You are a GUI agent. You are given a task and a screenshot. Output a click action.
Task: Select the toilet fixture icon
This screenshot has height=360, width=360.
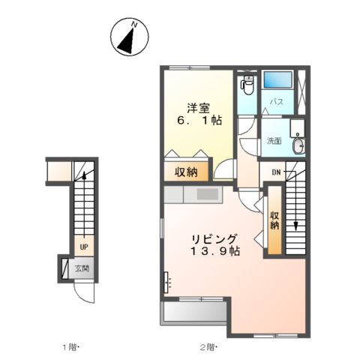247,85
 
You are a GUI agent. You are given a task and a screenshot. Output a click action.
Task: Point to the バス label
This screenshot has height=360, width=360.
276,103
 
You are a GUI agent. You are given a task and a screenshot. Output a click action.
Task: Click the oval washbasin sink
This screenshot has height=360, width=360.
299,145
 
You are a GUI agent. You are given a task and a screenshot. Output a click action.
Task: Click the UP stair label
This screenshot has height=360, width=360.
84,245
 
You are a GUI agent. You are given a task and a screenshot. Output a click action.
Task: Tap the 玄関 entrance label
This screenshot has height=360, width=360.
82,268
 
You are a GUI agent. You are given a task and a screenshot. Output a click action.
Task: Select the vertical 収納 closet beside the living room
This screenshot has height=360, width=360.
275,220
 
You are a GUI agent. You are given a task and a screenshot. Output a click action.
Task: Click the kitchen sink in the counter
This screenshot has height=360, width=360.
208,194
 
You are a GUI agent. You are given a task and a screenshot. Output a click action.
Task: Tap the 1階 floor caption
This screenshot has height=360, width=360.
70,346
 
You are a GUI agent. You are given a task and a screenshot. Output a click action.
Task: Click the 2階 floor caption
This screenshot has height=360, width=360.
208,346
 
